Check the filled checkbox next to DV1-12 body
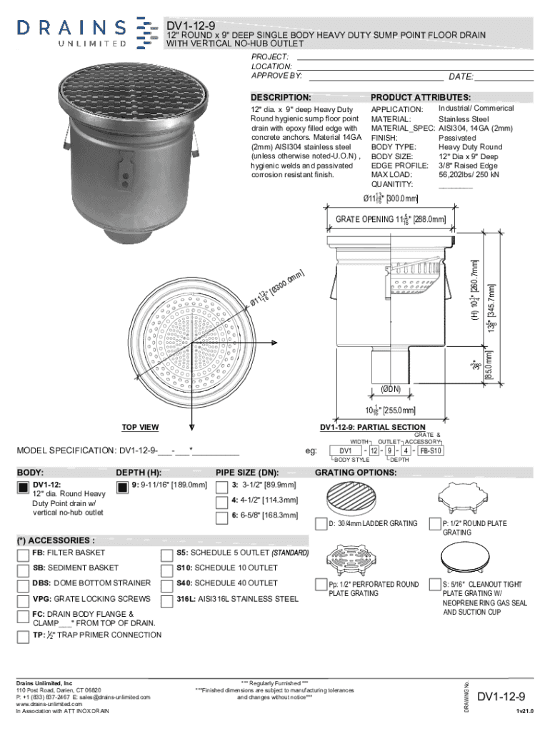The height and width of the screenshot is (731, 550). tap(24, 488)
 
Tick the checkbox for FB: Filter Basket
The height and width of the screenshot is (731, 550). tap(24, 553)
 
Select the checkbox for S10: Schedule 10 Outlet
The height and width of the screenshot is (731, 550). tap(168, 569)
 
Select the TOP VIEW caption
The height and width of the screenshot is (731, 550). tap(140, 428)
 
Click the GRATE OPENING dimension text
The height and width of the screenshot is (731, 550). tap(390, 220)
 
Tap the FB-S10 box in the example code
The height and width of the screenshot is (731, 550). tap(431, 451)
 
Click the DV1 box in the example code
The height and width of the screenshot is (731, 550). tap(345, 451)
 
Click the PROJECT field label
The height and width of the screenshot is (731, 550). tap(269, 56)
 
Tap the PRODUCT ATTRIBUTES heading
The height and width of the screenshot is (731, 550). tap(420, 97)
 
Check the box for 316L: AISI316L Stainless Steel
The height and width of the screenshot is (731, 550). tap(168, 600)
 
